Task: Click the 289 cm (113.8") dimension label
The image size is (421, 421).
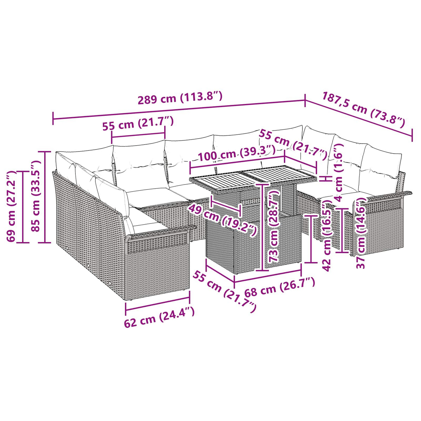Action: point(180,98)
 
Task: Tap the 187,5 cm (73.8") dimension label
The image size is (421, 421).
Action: point(363,110)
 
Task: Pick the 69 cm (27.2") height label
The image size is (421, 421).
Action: point(11,206)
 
